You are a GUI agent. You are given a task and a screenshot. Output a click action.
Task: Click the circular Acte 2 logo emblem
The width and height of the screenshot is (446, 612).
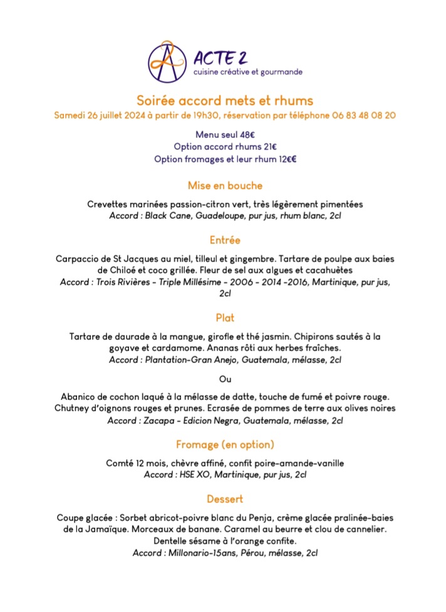click(x=168, y=62)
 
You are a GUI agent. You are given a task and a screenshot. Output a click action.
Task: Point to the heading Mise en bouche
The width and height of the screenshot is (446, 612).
click(x=225, y=186)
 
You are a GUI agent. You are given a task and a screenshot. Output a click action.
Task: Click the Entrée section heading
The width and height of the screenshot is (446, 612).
click(x=225, y=240)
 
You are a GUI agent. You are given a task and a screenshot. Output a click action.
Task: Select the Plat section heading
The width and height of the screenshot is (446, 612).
click(x=225, y=318)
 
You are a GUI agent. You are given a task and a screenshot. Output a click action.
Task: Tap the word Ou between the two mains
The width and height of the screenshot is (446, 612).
click(x=225, y=379)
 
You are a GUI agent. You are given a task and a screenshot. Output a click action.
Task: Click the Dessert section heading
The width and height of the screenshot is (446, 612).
click(x=225, y=499)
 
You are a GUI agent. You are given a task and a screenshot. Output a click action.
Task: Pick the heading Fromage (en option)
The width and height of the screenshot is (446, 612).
click(x=225, y=445)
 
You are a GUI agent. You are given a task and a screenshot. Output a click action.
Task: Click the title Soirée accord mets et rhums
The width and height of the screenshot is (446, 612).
click(x=225, y=100)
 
